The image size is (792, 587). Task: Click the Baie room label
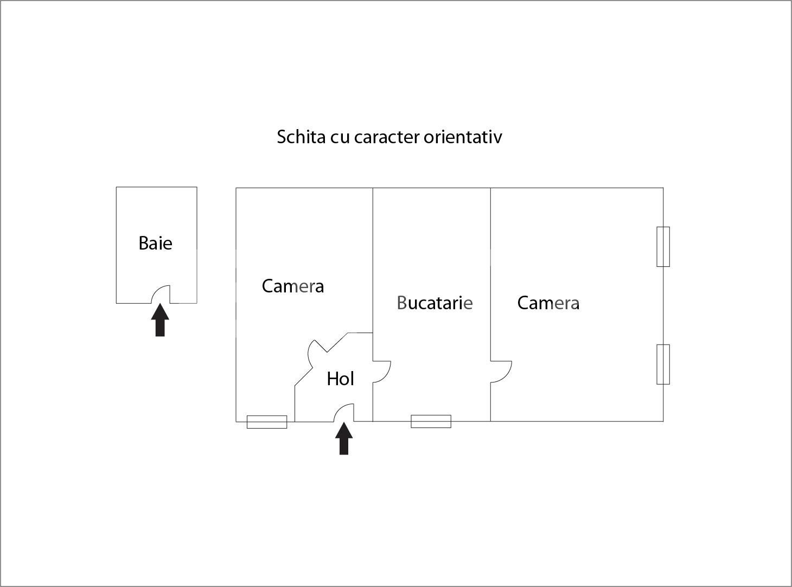click(155, 243)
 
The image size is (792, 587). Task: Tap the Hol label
click(340, 379)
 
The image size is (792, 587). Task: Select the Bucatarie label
click(435, 303)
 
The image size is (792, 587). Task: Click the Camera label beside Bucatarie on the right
click(548, 303)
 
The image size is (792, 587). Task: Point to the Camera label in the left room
click(292, 286)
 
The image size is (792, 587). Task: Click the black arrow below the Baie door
click(160, 320)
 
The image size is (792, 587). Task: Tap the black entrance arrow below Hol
click(344, 438)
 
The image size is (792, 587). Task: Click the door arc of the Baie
click(160, 295)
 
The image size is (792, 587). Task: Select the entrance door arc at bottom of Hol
click(343, 412)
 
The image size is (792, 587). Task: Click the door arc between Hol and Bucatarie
click(382, 372)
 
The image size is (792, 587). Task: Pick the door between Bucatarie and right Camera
click(501, 372)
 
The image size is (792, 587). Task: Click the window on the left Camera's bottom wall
click(267, 422)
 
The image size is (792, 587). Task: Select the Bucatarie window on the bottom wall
click(431, 422)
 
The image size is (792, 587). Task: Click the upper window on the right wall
click(663, 247)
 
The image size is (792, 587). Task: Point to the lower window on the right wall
click(663, 364)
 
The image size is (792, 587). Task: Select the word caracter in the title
click(387, 137)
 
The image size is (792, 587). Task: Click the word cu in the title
click(340, 137)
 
